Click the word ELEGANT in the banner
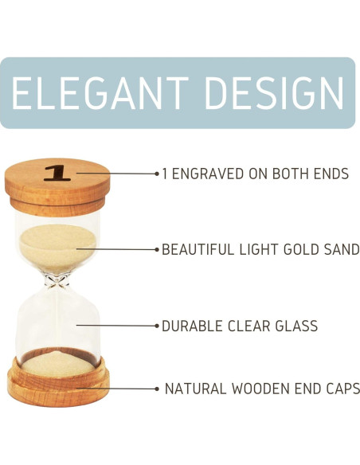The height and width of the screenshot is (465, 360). (100, 93)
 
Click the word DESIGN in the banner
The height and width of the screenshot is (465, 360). (274, 93)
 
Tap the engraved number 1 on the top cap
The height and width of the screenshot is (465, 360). (57, 173)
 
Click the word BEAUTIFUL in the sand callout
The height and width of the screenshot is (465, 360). (198, 249)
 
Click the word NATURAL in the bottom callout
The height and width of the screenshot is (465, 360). (195, 389)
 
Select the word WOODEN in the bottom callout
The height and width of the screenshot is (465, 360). (260, 389)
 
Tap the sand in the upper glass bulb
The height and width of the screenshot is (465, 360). (57, 245)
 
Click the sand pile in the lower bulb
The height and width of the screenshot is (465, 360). (58, 364)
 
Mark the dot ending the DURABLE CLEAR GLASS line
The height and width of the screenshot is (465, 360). (157, 326)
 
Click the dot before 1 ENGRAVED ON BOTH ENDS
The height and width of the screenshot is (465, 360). (157, 174)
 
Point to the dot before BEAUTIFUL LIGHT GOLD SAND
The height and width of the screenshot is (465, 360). (157, 250)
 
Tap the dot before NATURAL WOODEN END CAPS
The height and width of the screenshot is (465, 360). (157, 389)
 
